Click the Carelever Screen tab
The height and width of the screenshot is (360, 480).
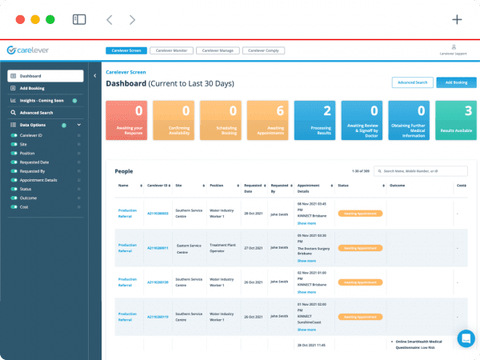coord(125,50)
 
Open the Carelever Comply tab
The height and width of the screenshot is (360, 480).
coord(263,50)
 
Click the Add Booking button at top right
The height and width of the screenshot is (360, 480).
coord(456,82)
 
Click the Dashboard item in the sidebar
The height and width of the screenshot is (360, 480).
coord(46,76)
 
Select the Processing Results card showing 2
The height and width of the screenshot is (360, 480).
coord(314,120)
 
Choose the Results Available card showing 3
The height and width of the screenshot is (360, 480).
coord(456,120)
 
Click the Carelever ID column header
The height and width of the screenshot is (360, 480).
coord(157,186)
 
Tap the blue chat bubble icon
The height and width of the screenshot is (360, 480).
coord(466,338)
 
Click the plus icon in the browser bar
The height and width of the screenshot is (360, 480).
coord(457,20)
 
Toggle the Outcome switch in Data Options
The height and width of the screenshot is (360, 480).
coord(14,198)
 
